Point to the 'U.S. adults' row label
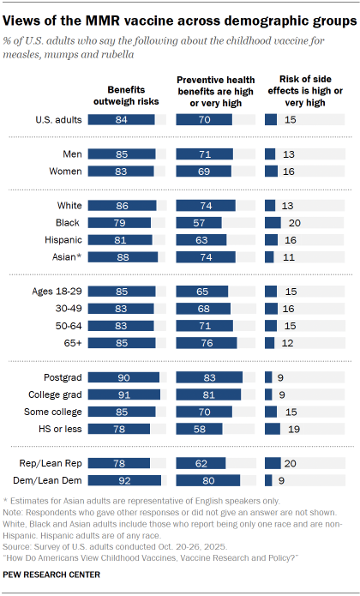[58, 120]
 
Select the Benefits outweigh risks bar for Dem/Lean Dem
[124, 480]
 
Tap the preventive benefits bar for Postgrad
[209, 377]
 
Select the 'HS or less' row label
[60, 428]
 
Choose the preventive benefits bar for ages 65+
[207, 343]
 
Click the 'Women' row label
[64, 172]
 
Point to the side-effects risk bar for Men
[270, 154]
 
